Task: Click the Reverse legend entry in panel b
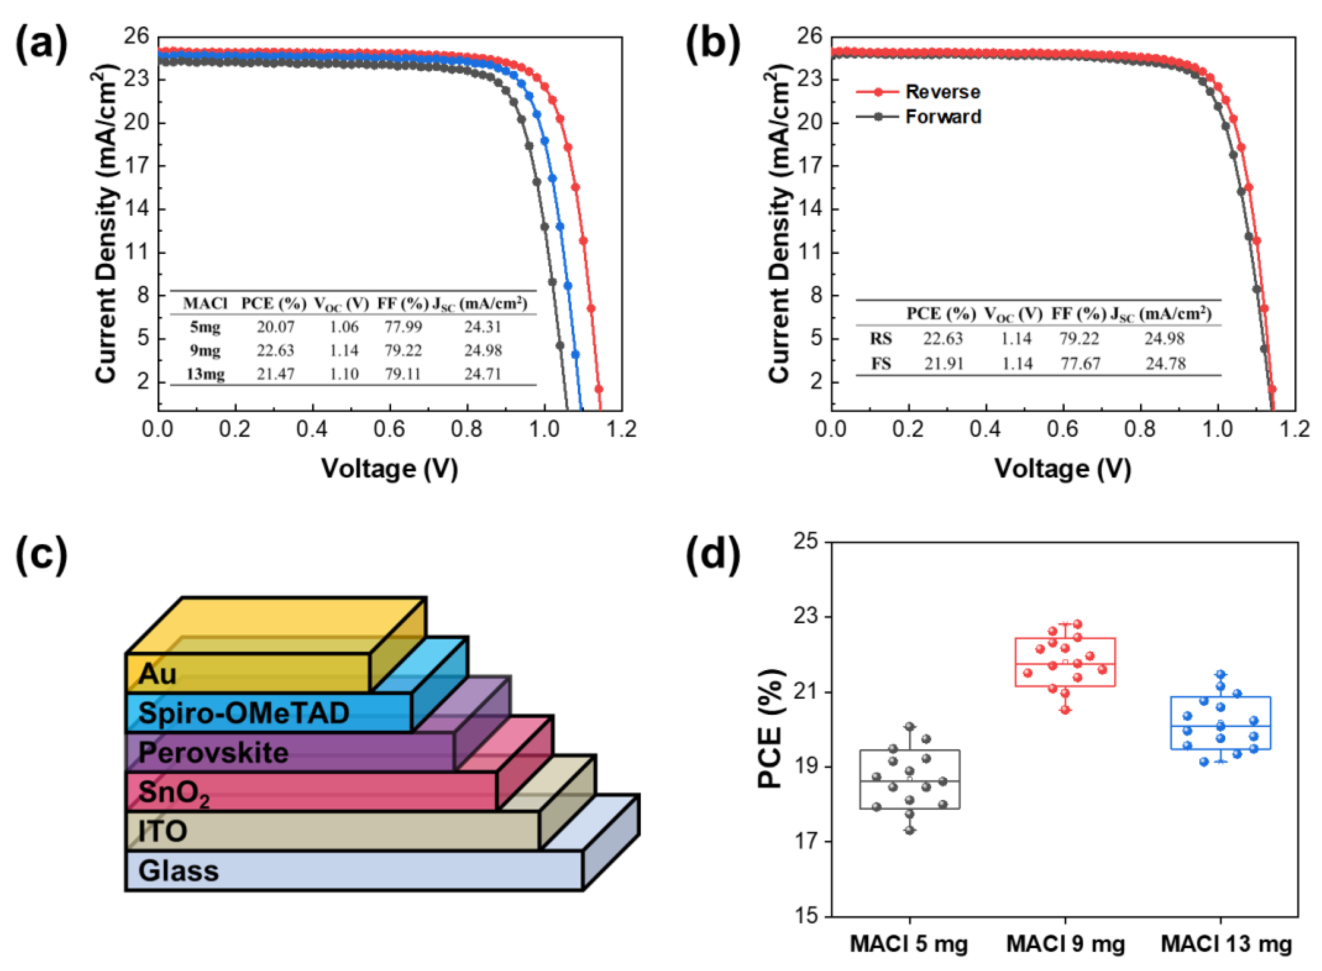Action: click(942, 92)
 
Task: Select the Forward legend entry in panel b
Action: click(943, 117)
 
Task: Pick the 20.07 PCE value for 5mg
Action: click(275, 327)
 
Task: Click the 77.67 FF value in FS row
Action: click(1080, 364)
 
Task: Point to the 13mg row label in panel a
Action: click(205, 374)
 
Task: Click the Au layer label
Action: click(157, 674)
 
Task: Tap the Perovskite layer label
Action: click(213, 753)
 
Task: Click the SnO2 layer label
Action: click(173, 793)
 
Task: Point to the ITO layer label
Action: click(162, 831)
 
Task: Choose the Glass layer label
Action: click(178, 871)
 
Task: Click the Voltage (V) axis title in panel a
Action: click(389, 469)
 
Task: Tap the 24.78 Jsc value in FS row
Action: click(1166, 364)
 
